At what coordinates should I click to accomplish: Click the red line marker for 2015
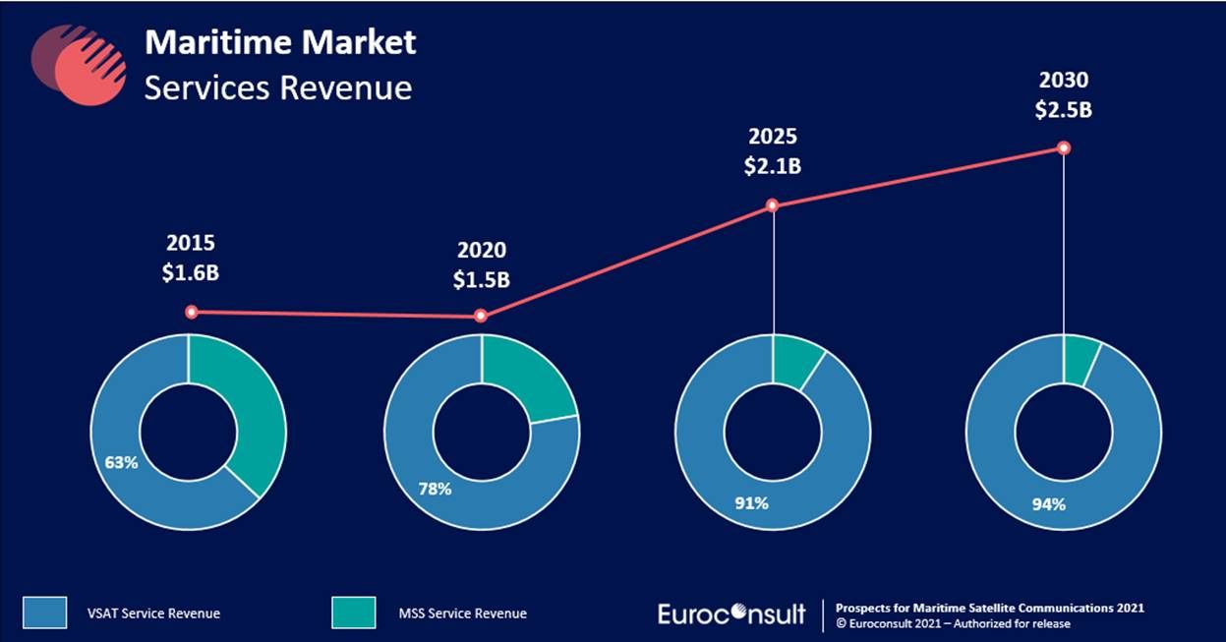192,312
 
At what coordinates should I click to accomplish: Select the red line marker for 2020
481,316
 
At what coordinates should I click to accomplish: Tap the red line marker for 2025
773,205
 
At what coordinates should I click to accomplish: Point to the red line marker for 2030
1063,147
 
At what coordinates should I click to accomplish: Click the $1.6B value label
190,272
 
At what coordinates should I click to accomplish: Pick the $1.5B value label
481,279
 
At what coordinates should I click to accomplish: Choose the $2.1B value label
772,166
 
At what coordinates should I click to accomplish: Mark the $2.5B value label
1063,109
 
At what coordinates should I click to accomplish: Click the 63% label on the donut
122,460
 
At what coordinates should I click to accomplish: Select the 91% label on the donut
752,503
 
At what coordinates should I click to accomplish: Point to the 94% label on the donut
1048,505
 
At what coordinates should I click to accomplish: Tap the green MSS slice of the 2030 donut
1080,359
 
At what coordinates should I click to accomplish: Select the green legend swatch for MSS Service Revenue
351,613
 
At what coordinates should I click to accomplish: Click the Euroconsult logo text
731,613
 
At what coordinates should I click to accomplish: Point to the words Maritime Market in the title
280,42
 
